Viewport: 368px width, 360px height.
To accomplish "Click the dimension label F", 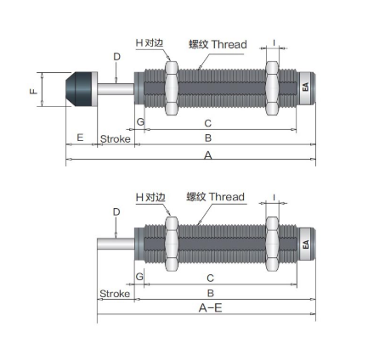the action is click(34, 91).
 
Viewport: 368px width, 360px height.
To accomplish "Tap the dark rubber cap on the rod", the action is click(79, 89).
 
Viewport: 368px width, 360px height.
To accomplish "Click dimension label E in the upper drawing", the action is click(80, 138).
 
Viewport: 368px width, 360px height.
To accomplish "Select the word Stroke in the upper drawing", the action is click(116, 139).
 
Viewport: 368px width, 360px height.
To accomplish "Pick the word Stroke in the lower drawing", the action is click(115, 294).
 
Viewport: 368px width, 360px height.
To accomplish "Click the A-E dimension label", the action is click(210, 307).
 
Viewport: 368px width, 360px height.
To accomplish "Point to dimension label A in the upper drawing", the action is click(208, 155).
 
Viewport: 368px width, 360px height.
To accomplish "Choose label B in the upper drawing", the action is click(208, 138).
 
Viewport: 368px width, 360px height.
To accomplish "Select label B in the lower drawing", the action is click(210, 293).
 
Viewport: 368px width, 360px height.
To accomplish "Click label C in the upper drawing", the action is click(208, 123).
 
